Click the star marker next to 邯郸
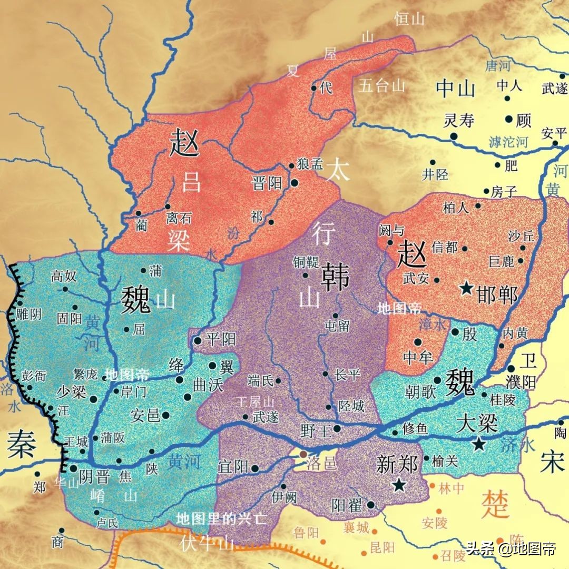(466, 288)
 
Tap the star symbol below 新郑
(399, 484)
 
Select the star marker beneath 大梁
(478, 444)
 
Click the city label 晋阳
(268, 183)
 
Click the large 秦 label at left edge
(22, 446)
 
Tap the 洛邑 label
(320, 463)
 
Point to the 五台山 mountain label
(382, 85)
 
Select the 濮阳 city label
(532, 381)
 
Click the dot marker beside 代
(315, 89)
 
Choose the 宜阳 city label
(233, 466)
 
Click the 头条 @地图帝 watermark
(510, 550)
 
